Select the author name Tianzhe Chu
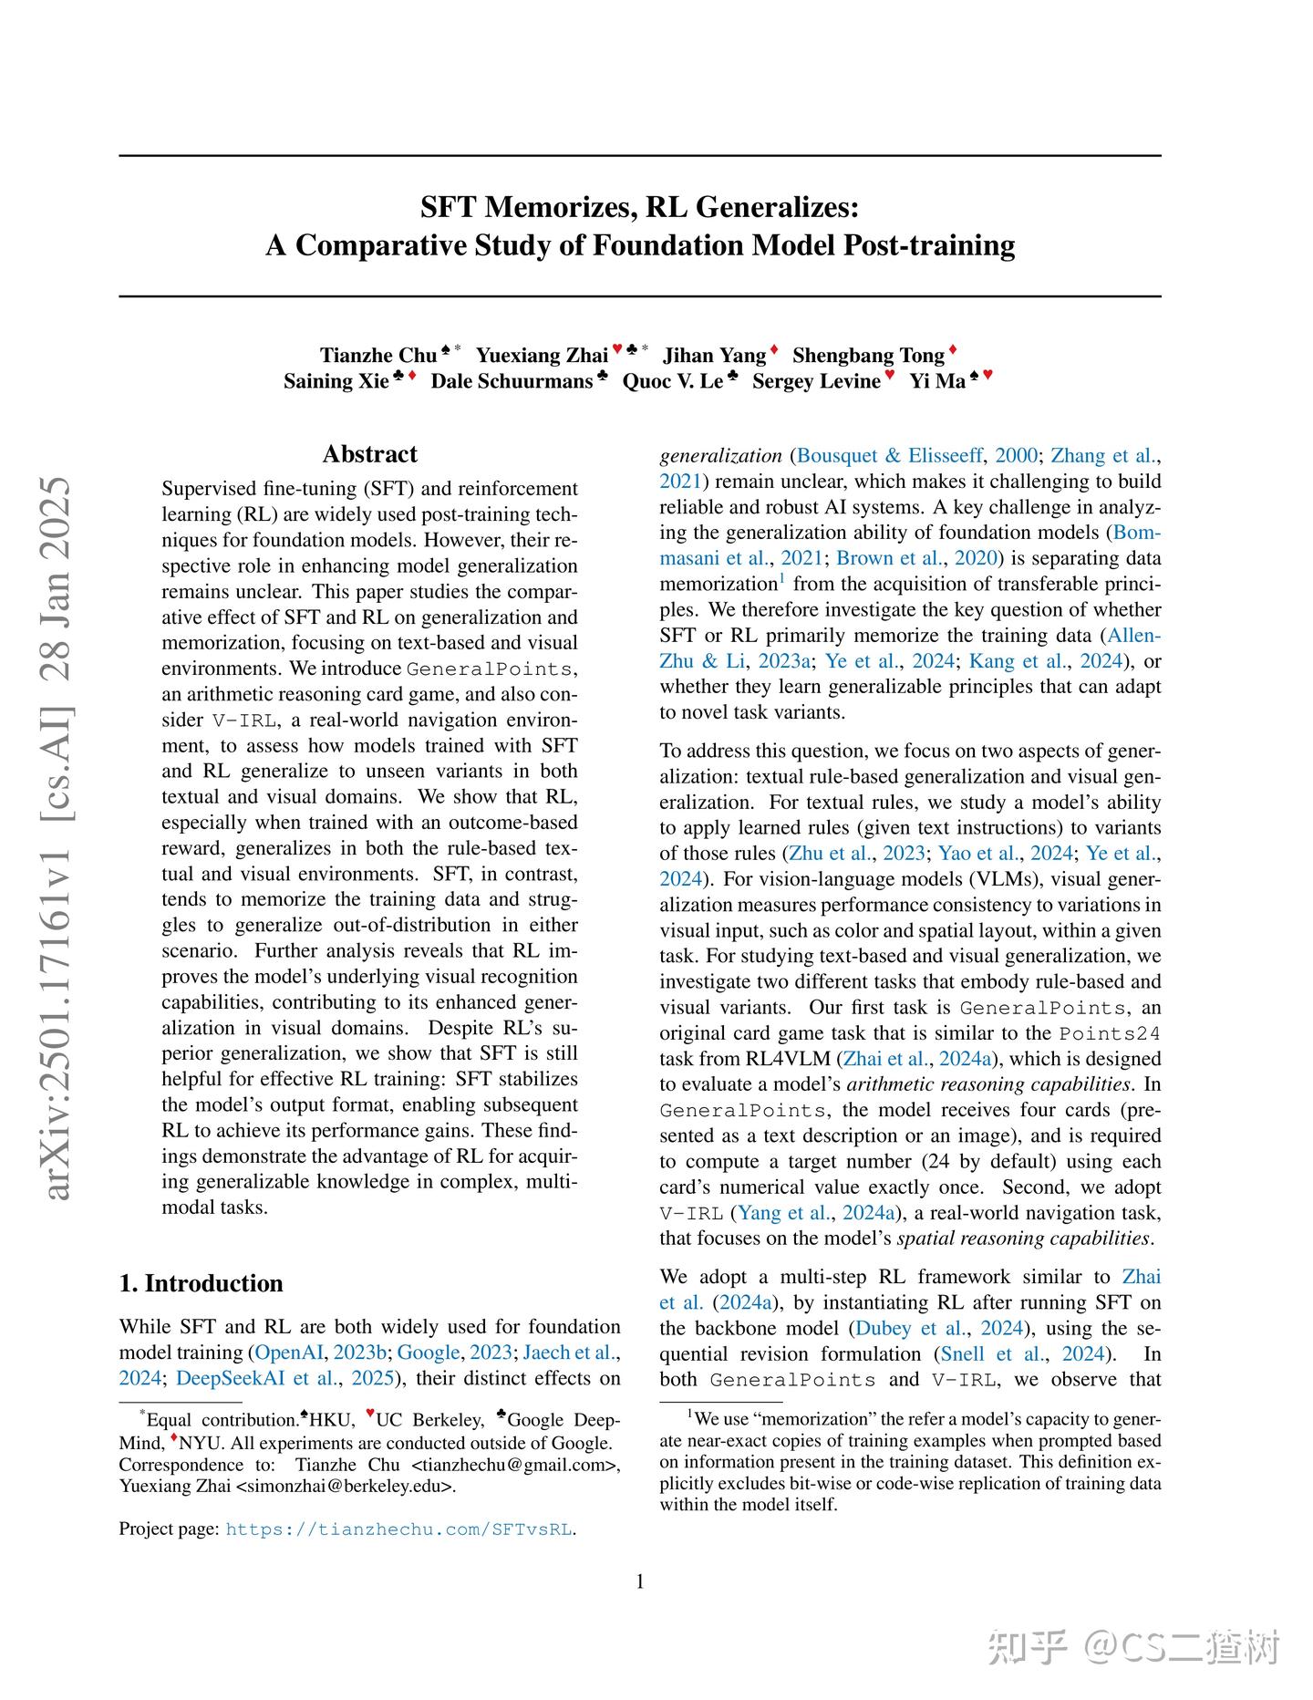[x=378, y=355]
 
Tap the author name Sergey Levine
[x=816, y=381]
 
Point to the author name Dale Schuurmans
[x=512, y=381]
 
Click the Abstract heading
[x=369, y=454]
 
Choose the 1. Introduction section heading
[x=201, y=1283]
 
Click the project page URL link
[x=399, y=1529]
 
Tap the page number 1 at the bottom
[x=640, y=1581]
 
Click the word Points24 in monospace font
[x=1110, y=1033]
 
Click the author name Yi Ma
[x=937, y=381]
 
